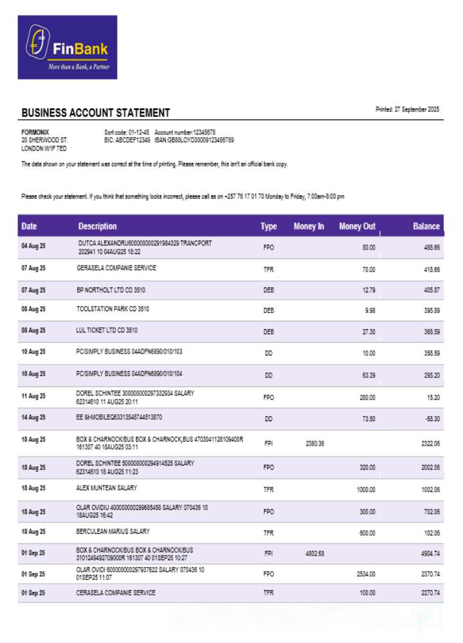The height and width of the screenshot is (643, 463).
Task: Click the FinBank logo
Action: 67,48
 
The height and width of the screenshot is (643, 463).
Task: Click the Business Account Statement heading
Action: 96,113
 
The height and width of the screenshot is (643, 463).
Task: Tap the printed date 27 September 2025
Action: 407,109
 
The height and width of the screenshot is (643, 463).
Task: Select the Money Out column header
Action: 357,226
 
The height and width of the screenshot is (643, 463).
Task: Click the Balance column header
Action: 426,226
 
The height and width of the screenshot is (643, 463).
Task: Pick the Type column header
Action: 268,226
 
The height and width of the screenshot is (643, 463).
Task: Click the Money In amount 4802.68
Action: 314,554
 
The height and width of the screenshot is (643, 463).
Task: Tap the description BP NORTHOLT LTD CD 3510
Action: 111,290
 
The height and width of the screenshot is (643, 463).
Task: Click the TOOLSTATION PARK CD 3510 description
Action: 113,309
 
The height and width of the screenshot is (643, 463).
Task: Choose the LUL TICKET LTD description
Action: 107,330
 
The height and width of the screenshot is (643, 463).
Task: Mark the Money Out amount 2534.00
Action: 365,574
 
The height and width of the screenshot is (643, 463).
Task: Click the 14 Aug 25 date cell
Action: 33,418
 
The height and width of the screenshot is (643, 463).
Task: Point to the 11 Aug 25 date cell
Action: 33,397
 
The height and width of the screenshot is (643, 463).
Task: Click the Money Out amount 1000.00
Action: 365,489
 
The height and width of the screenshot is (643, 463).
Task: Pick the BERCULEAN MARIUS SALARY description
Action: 113,532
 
